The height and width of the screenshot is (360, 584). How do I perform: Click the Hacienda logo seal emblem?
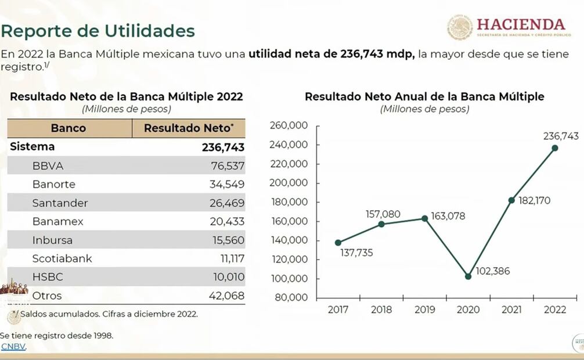coord(460,27)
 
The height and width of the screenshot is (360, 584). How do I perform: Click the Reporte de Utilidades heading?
coord(98,30)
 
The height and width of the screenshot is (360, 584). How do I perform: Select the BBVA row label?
coord(48,165)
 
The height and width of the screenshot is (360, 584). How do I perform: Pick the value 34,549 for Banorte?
coord(228,184)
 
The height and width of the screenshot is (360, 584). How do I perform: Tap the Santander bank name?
coord(60,203)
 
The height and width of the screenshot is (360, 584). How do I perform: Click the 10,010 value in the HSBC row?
coord(228,277)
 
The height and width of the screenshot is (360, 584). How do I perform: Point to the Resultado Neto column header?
coord(189,128)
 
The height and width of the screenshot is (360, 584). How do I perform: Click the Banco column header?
coord(69,128)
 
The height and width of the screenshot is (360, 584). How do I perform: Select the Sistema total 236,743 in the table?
coord(223,147)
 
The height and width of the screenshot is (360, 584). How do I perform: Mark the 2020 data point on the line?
coord(468,276)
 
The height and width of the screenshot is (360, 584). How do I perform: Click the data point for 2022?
coord(555,147)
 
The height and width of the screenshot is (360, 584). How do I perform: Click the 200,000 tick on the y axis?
coord(290,182)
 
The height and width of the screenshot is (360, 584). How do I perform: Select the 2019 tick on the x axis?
coord(424,309)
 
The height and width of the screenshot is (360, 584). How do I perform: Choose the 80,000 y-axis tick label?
coord(292,297)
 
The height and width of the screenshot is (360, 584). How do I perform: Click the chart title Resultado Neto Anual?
coord(424,96)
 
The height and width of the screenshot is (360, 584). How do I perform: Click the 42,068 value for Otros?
coord(226,296)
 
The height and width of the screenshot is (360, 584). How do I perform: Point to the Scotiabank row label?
coord(62,258)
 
